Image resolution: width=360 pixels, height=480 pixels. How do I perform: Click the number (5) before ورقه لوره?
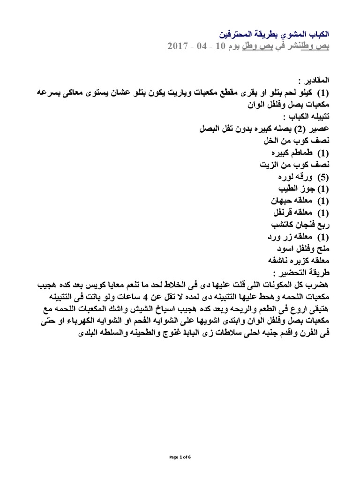click(322, 178)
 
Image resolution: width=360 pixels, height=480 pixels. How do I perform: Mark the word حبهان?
click(280, 201)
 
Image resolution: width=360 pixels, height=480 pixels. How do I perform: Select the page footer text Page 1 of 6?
click(180, 457)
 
